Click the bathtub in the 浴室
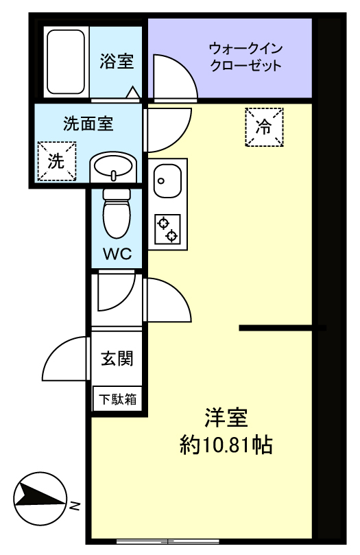pos(66,62)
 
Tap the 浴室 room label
pos(117,61)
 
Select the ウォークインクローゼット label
pos(245,57)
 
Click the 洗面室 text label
pos(88,123)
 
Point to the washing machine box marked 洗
pos(57,161)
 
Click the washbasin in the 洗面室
pos(113,167)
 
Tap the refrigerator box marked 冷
pos(264,127)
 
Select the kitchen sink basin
pos(167,181)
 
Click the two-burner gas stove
pos(167,229)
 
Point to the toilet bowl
pos(117,213)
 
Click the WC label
pos(117,254)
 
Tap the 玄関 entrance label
pos(117,358)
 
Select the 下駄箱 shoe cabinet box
pos(117,399)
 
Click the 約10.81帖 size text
pos(226,445)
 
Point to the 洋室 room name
pos(226,418)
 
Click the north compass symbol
pos(40,498)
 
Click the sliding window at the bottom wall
pos(167,541)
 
